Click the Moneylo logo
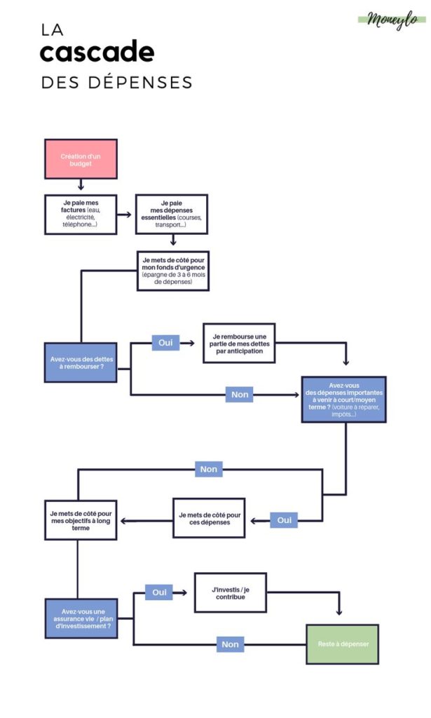click(x=392, y=20)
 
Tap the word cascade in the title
click(x=97, y=53)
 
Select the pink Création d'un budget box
click(x=81, y=159)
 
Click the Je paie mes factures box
click(x=81, y=214)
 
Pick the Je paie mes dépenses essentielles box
click(x=172, y=214)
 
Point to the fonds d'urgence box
click(x=172, y=271)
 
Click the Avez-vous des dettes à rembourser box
click(x=81, y=363)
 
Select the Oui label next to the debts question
click(x=165, y=343)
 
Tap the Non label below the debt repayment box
click(x=240, y=395)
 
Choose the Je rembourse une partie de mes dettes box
click(x=239, y=343)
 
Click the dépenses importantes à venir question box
click(x=343, y=400)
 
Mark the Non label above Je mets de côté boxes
click(x=209, y=469)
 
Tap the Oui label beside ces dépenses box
click(x=284, y=520)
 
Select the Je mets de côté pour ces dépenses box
click(x=210, y=518)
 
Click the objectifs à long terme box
click(x=81, y=520)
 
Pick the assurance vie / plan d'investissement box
click(x=81, y=618)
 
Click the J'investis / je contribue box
click(x=231, y=592)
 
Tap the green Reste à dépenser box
click(x=343, y=644)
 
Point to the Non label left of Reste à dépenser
click(x=230, y=644)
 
